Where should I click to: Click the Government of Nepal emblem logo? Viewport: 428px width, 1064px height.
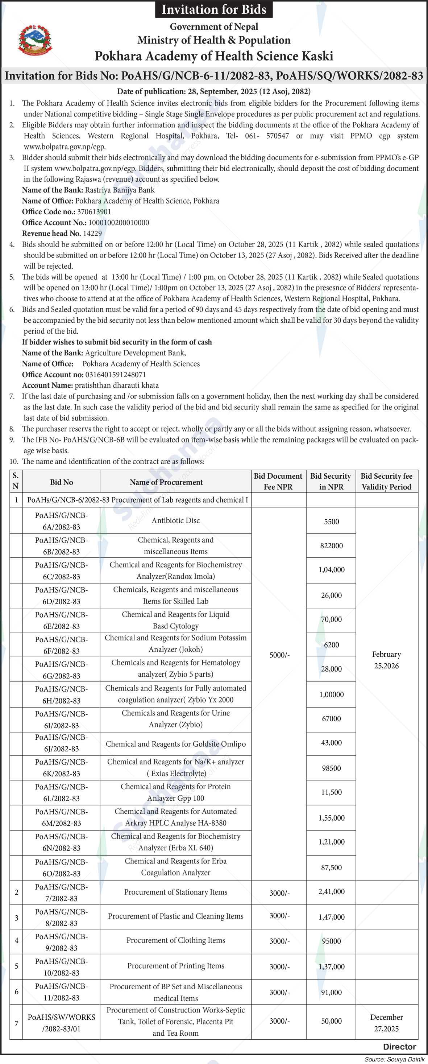tap(35, 40)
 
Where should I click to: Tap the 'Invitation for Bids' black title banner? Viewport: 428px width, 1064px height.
tap(214, 9)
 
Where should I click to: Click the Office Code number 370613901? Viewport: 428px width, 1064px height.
tap(94, 211)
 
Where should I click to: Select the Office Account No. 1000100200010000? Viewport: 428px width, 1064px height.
tap(119, 222)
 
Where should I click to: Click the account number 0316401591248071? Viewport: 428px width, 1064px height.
tap(116, 374)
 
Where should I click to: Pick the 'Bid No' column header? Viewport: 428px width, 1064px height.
tap(62, 482)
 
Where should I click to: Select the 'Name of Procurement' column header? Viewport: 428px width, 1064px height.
tap(166, 482)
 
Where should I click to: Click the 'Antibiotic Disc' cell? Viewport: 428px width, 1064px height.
tap(176, 520)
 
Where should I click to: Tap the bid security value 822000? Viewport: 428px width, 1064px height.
tap(332, 546)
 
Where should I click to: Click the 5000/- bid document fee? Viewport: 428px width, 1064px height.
tap(279, 655)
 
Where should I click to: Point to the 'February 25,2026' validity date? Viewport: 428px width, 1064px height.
tap(386, 660)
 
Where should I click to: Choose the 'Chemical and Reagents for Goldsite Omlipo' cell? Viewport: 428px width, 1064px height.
tap(176, 744)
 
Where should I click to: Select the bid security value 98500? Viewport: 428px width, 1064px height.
tap(332, 768)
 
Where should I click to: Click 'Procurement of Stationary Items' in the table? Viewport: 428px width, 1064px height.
tap(176, 892)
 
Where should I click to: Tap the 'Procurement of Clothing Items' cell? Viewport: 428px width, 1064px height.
tap(176, 940)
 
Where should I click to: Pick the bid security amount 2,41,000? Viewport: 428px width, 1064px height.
tap(332, 892)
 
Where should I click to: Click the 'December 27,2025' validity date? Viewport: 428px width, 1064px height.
tap(386, 1023)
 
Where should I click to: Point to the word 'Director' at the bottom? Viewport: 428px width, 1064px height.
tap(399, 1047)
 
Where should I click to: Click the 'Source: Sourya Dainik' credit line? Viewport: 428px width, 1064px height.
tap(394, 1059)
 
